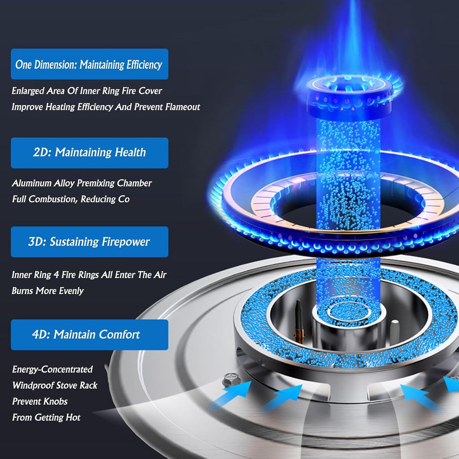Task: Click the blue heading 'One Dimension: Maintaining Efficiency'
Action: tap(89, 64)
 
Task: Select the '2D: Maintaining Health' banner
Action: tap(89, 153)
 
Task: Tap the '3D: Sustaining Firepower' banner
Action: tap(89, 242)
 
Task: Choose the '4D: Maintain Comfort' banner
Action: tap(89, 334)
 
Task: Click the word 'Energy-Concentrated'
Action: tap(52, 369)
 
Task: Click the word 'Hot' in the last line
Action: tap(73, 417)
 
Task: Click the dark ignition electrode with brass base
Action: tap(299, 321)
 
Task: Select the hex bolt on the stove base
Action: tap(231, 379)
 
